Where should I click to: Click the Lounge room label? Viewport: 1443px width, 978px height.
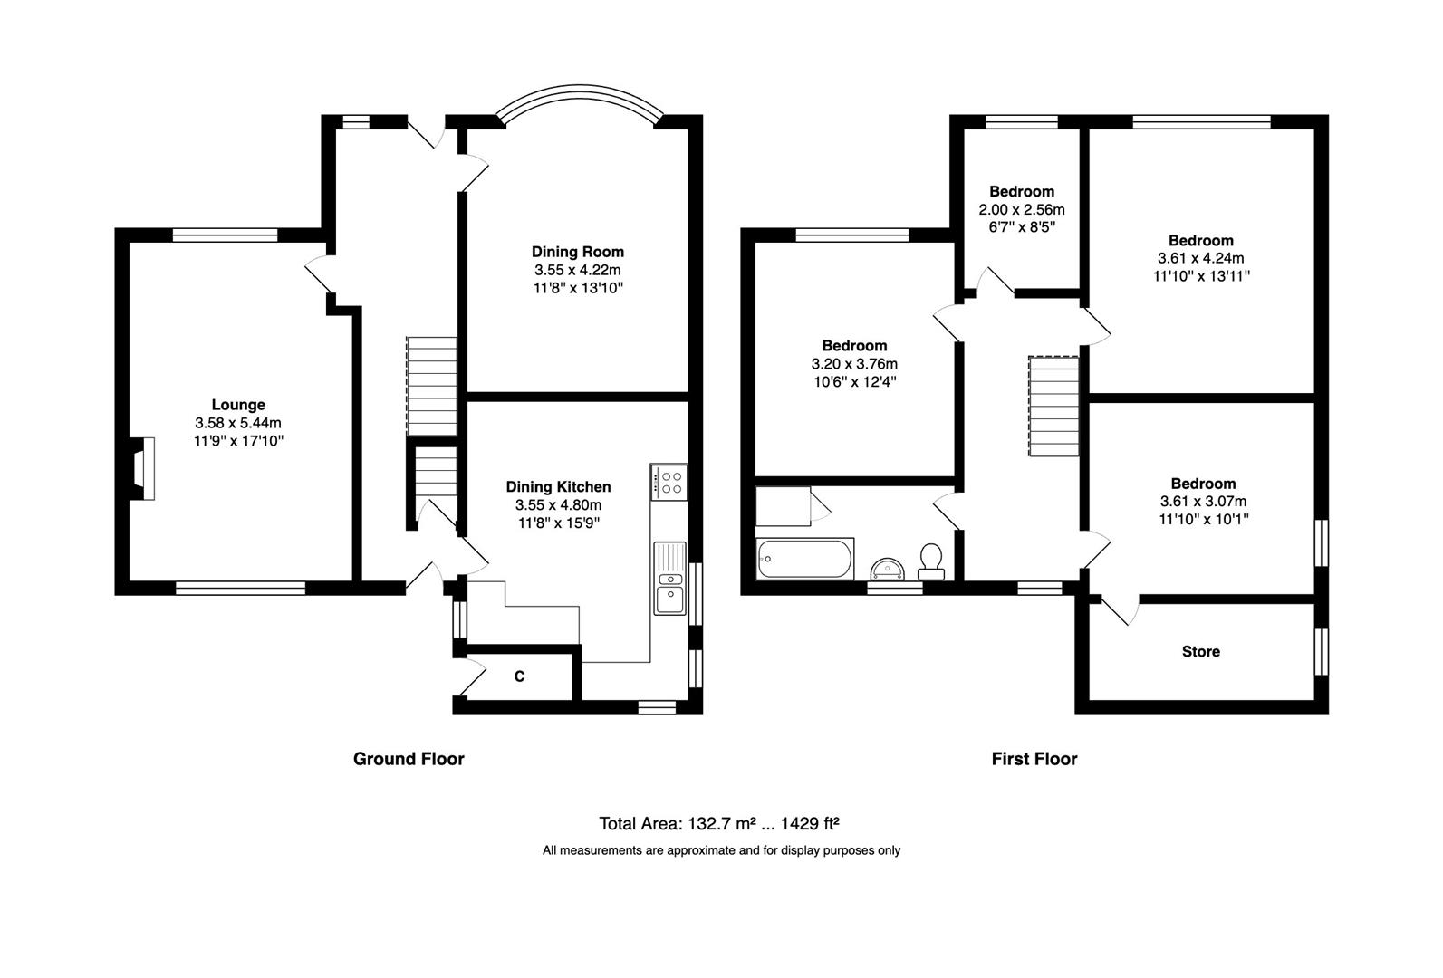point(238,405)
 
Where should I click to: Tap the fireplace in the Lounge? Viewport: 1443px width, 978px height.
point(141,469)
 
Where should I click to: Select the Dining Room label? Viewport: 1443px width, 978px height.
point(578,252)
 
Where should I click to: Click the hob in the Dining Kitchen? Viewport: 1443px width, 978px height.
point(669,483)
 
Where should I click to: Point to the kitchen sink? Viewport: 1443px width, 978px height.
point(670,578)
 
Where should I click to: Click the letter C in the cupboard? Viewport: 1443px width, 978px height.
point(519,676)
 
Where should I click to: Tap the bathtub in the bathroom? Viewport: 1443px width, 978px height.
point(804,559)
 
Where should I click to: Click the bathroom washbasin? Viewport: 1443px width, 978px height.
point(887,570)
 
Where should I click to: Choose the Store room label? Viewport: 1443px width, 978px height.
point(1201,652)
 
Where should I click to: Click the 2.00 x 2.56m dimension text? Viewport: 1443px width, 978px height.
point(1022,210)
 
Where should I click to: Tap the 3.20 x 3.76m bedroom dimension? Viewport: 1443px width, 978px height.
point(854,364)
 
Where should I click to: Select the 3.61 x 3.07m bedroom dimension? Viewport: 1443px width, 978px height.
point(1203,502)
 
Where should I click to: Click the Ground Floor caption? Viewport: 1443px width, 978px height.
point(409,759)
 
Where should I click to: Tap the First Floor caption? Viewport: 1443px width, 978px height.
point(1034,759)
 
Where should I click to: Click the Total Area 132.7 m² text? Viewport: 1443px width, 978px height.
point(719,823)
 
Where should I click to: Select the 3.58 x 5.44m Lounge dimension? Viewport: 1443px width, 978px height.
point(238,423)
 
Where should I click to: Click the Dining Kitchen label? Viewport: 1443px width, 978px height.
point(558,487)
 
